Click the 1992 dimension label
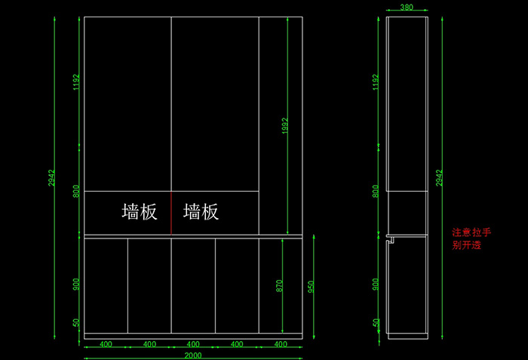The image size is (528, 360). pos(285,125)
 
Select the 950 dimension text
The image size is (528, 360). pos(310,286)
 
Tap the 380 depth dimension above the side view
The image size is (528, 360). pos(406,7)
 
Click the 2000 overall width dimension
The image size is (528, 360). pos(193,355)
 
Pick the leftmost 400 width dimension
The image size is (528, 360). pos(106,344)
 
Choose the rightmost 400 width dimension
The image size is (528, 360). pos(281,344)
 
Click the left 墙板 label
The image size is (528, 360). pos(140,212)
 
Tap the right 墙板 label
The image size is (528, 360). pos(201,212)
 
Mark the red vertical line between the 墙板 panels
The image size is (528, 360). pos(171,212)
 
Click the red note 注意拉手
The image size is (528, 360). pos(471,233)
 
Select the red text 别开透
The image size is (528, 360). pos(466,245)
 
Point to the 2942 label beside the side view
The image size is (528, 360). pos(439,178)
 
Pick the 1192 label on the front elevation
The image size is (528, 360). pos(75,82)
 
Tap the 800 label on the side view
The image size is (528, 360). pos(376,191)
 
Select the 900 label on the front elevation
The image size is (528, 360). pos(75,284)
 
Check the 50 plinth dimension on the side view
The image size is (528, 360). pos(376,323)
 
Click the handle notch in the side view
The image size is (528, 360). pos(390,240)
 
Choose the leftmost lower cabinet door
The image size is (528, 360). pos(106,285)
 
